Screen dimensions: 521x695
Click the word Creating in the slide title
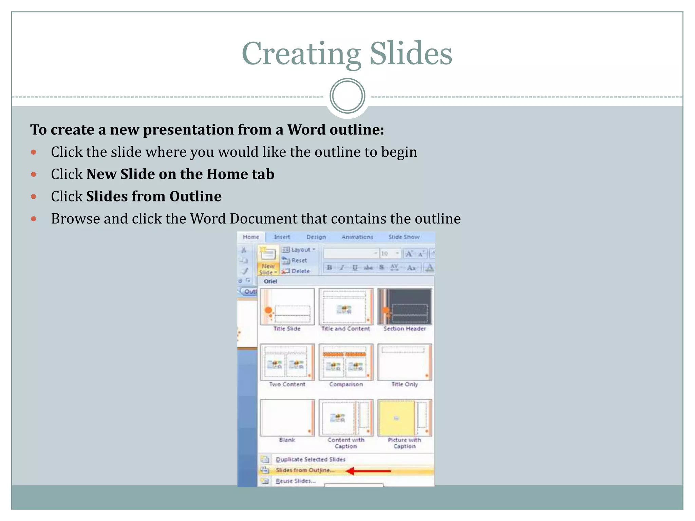[x=301, y=54]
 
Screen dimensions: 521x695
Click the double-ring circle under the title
[x=347, y=96]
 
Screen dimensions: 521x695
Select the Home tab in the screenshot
[x=251, y=237]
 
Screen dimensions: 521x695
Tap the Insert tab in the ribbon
[x=282, y=237]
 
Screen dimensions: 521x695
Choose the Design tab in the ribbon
[x=316, y=237]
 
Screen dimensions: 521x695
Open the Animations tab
[x=357, y=237]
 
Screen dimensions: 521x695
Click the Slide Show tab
[x=404, y=237]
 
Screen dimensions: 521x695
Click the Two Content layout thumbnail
[x=287, y=362]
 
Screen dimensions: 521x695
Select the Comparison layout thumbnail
[x=346, y=362]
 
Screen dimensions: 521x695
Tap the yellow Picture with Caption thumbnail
[x=405, y=418]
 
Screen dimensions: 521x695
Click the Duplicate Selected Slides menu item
[x=310, y=459]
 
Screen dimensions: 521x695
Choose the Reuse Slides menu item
[x=295, y=481]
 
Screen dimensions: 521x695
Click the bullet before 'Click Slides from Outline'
[x=34, y=196]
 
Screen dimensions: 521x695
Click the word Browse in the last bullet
[x=75, y=219]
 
